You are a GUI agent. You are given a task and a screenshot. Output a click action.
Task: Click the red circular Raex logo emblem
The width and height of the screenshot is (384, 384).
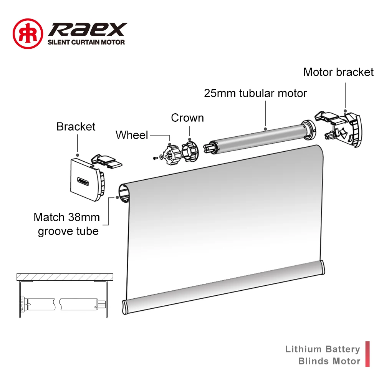(28, 33)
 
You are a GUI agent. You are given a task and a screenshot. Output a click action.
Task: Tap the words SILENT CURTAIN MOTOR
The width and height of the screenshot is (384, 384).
(86, 42)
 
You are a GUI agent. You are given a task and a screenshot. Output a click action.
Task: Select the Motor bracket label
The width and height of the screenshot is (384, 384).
(338, 72)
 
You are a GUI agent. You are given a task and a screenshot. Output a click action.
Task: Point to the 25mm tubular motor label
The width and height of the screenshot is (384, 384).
(255, 93)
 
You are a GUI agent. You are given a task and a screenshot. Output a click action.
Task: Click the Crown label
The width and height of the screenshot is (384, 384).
(187, 118)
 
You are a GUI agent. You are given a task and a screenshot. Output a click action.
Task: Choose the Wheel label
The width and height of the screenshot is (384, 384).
(132, 135)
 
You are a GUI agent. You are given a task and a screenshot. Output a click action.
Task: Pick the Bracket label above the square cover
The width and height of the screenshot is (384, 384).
(76, 126)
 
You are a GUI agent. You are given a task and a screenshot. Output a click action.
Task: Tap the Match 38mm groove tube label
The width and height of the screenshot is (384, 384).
(67, 224)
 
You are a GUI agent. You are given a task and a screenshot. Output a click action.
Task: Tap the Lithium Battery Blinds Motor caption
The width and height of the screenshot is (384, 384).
(323, 355)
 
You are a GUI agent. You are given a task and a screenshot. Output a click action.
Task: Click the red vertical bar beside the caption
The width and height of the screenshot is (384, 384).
(367, 354)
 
